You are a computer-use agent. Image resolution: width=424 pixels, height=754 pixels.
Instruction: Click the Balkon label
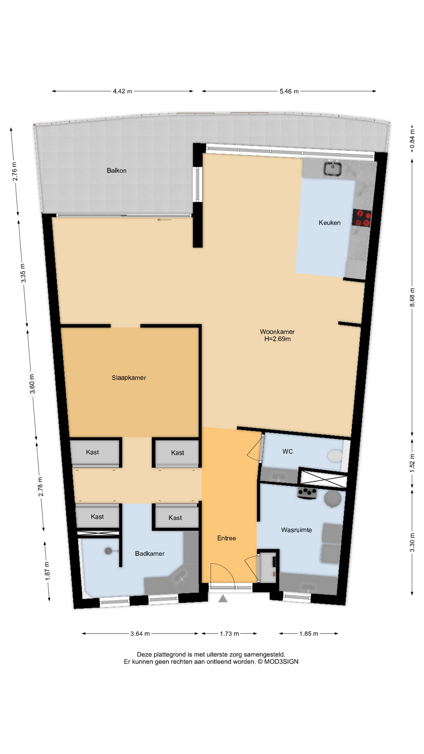[x=116, y=170]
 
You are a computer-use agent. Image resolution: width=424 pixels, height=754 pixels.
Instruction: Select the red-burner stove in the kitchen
[x=362, y=218]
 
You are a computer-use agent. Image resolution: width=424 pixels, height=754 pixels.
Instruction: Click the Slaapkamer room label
[x=129, y=378]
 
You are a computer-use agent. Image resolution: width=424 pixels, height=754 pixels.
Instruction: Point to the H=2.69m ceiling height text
[x=278, y=339]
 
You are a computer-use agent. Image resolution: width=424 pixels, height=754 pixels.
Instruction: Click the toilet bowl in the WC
[x=335, y=456]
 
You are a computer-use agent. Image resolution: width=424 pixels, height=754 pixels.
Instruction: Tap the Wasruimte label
[x=296, y=530]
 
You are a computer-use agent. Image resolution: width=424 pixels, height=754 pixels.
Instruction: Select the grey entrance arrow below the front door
[x=223, y=598]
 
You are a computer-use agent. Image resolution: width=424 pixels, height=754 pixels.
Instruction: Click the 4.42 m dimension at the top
[x=122, y=91]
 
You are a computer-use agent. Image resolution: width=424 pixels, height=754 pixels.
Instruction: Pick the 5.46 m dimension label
[x=289, y=91]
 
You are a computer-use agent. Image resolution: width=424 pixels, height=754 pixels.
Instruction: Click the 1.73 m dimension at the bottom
[x=229, y=633]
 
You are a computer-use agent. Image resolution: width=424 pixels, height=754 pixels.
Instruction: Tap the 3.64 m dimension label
[x=140, y=633]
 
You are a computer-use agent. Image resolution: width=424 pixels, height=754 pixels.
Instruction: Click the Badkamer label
[x=150, y=554]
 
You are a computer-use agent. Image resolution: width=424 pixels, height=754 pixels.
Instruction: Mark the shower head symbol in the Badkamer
[x=108, y=551]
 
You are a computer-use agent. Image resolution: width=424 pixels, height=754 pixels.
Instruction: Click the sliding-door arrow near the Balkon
[x=164, y=220]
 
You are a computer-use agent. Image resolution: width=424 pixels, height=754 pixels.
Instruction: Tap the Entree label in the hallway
[x=227, y=538]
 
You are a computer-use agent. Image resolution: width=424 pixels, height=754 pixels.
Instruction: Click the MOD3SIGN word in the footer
[x=281, y=662]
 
